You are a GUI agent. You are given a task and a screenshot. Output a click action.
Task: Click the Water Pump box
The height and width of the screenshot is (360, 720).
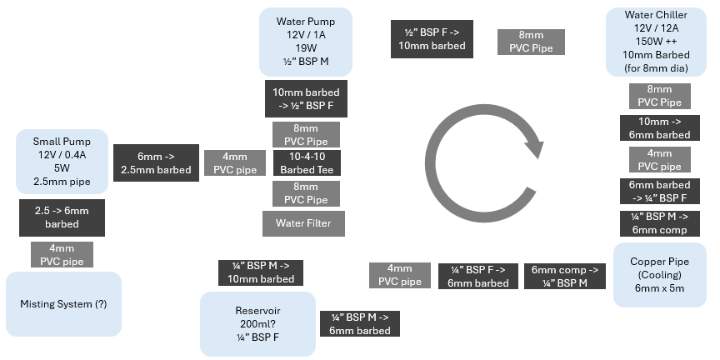[305, 41]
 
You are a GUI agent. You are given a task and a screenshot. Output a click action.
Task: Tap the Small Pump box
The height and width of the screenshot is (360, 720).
[62, 156]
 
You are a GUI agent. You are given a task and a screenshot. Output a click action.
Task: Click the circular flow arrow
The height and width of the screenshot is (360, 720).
[483, 147]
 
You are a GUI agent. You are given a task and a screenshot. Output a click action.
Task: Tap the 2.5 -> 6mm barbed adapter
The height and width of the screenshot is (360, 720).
[62, 217]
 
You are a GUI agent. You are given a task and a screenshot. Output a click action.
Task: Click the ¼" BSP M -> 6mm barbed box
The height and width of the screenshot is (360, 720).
[360, 323]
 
